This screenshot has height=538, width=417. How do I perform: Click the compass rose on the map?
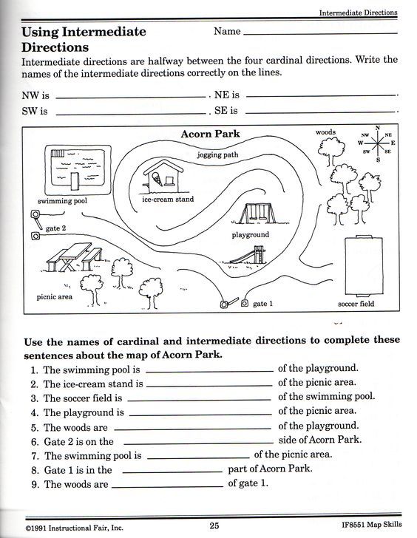(378, 143)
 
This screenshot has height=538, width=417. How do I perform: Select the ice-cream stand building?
(163, 178)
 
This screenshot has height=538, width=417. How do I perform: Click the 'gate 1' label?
(263, 304)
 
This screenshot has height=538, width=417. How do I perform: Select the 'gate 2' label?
(55, 228)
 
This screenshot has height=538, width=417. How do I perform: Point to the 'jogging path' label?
(217, 155)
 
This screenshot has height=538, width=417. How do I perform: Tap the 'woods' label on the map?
(325, 132)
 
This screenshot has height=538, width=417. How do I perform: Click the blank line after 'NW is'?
(132, 96)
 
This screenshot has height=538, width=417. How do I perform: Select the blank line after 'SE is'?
(320, 112)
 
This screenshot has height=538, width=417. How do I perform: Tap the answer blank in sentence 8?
(172, 471)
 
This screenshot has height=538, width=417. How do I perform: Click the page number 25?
(214, 525)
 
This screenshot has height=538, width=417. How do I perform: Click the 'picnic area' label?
(54, 297)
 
